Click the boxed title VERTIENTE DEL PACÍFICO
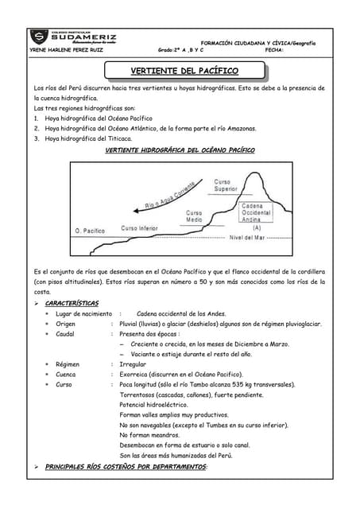point(184,71)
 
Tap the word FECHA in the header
point(275,49)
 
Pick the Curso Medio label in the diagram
point(194,216)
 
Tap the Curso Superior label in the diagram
point(226,186)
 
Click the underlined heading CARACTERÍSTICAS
point(72,303)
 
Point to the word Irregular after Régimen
point(133,363)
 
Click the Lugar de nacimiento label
point(83,313)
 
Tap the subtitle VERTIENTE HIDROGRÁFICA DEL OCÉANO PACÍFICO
point(180,150)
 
